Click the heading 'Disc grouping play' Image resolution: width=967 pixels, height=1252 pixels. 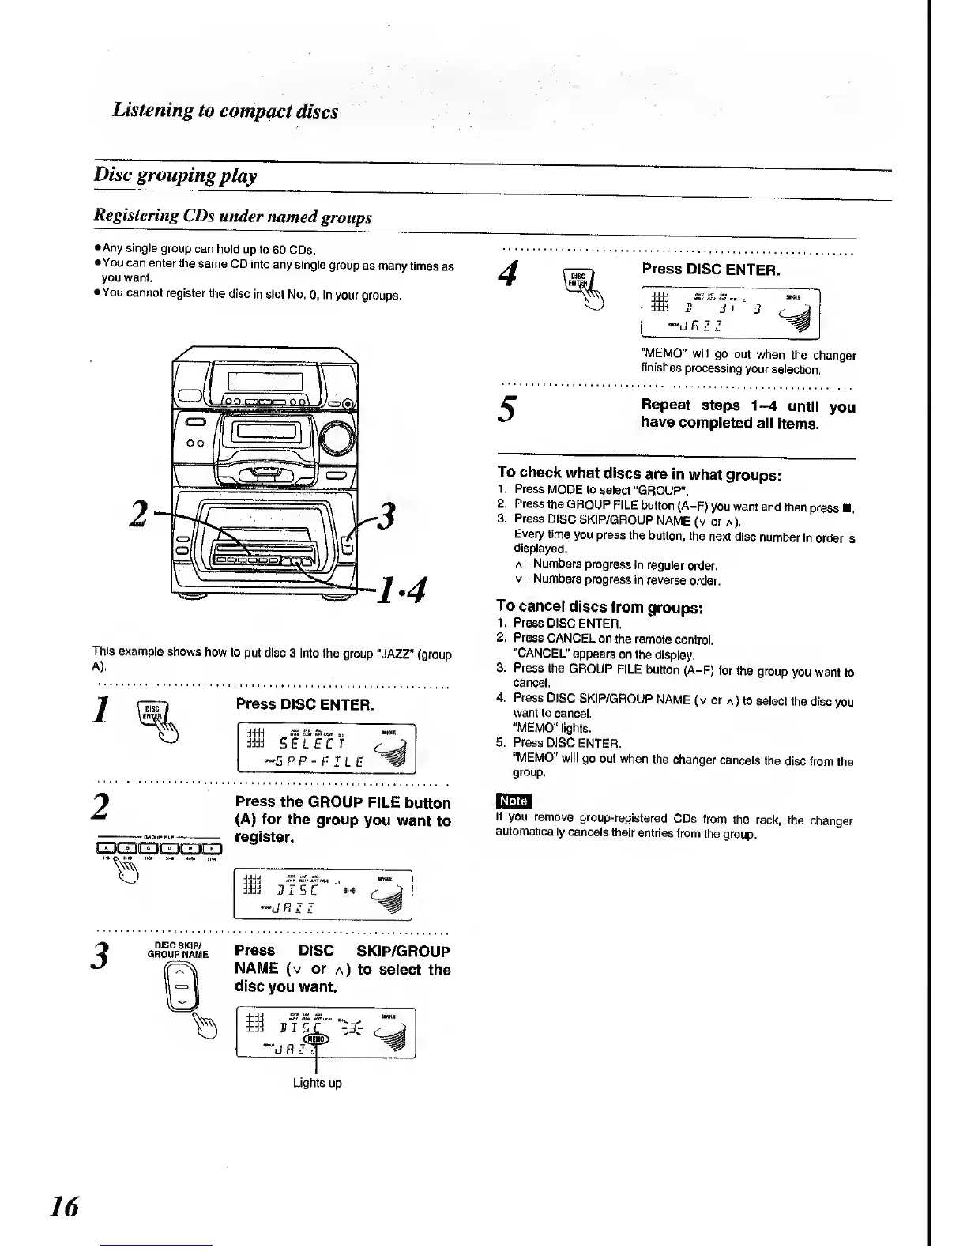coord(175,175)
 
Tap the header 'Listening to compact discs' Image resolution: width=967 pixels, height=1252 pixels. coord(225,111)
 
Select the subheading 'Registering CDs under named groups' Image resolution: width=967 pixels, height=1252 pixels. coord(232,216)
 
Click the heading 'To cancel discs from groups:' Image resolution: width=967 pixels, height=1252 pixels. coord(599,607)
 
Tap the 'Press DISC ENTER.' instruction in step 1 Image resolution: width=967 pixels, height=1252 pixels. coord(304,704)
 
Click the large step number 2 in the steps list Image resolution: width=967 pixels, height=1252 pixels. coord(100,807)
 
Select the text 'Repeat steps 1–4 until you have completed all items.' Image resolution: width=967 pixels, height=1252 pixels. coord(747,414)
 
